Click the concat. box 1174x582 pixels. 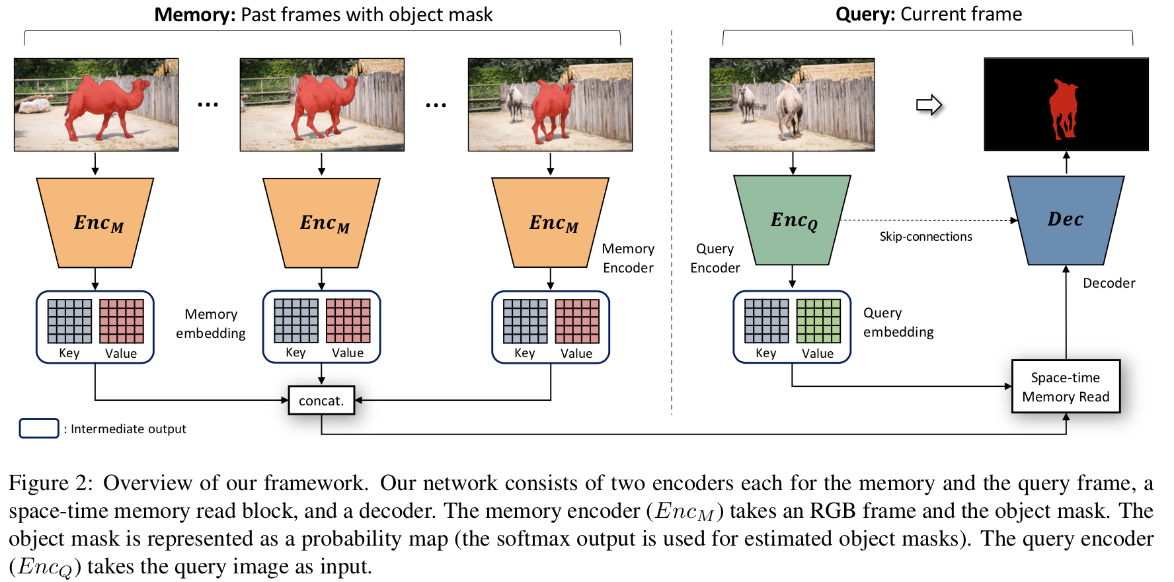pyautogui.click(x=321, y=400)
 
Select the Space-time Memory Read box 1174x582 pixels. pyautogui.click(x=1065, y=387)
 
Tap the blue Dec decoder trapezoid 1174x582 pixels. pyautogui.click(x=1065, y=220)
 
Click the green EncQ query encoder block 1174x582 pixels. pyautogui.click(x=792, y=220)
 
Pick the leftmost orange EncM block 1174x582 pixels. pyautogui.click(x=96, y=223)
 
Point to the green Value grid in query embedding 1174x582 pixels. pyautogui.click(x=818, y=321)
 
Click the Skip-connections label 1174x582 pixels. pyautogui.click(x=925, y=237)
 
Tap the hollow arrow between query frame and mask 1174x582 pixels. pyautogui.click(x=928, y=104)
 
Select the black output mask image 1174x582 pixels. pyautogui.click(x=1065, y=104)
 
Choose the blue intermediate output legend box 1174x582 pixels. pyautogui.click(x=39, y=429)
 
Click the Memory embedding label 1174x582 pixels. pyautogui.click(x=211, y=323)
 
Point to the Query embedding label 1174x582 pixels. pyautogui.click(x=898, y=322)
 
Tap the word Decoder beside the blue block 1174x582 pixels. pyautogui.click(x=1109, y=283)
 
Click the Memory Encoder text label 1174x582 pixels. pyautogui.click(x=628, y=258)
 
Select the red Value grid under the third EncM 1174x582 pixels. pyautogui.click(x=576, y=321)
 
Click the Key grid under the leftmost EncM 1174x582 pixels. pyautogui.click(x=69, y=321)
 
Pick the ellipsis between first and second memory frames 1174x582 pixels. pyautogui.click(x=208, y=104)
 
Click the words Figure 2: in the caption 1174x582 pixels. pyautogui.click(x=51, y=483)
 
